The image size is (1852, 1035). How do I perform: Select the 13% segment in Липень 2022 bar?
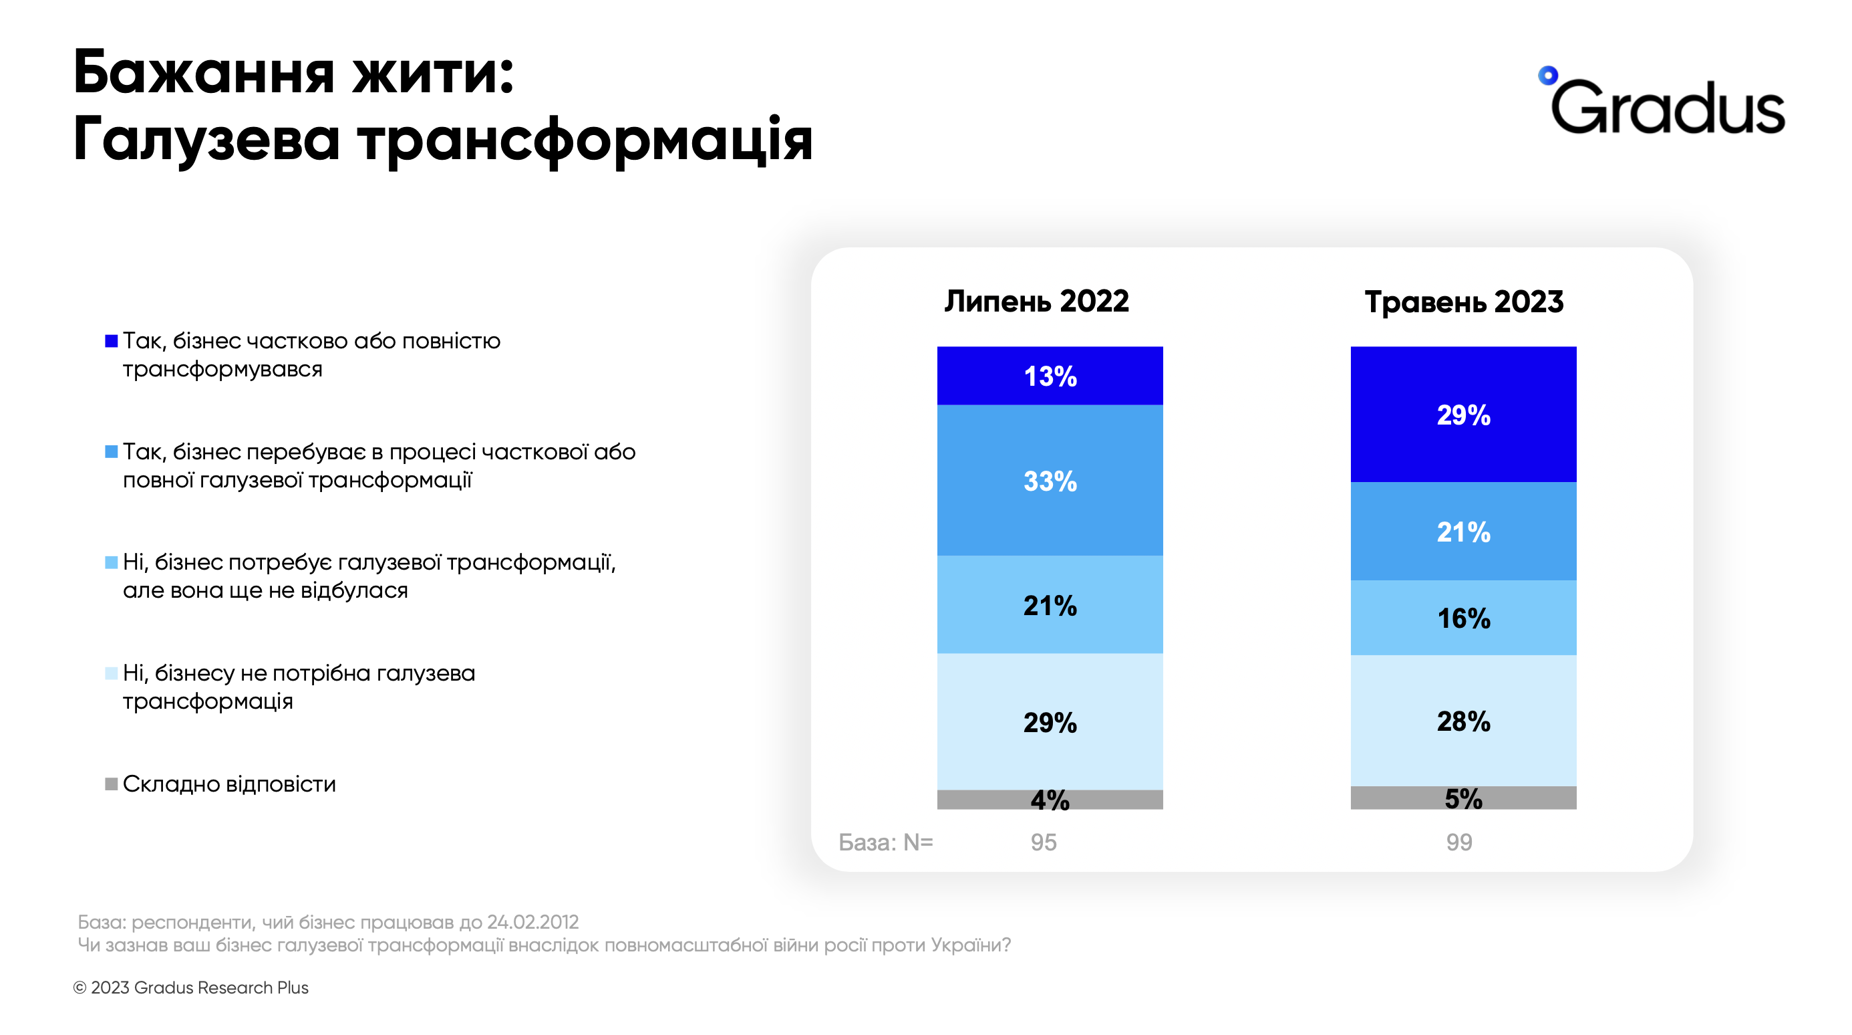pyautogui.click(x=1050, y=376)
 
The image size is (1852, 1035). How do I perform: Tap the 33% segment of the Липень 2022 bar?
pyautogui.click(x=1050, y=480)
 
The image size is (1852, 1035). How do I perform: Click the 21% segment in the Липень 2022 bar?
pyautogui.click(x=1050, y=604)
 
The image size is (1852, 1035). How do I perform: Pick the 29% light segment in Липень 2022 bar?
pyautogui.click(x=1050, y=721)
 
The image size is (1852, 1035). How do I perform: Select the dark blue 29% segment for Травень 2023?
pyautogui.click(x=1463, y=415)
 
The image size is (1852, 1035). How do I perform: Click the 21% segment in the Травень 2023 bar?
pyautogui.click(x=1463, y=531)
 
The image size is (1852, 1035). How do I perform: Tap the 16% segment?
pyautogui.click(x=1463, y=617)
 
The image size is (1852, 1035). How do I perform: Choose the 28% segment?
pyautogui.click(x=1463, y=720)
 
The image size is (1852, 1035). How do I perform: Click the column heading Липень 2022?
pyautogui.click(x=1036, y=301)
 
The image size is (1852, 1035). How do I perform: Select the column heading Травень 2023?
pyautogui.click(x=1464, y=302)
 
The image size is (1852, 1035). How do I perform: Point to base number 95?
pyautogui.click(x=1043, y=842)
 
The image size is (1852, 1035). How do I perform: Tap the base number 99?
pyautogui.click(x=1458, y=842)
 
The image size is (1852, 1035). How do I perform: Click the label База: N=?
pyautogui.click(x=885, y=842)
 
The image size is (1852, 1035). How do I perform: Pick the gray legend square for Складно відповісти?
pyautogui.click(x=112, y=783)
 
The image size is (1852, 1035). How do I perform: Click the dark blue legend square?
pyautogui.click(x=112, y=340)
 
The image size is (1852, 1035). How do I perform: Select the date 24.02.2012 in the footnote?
pyautogui.click(x=532, y=921)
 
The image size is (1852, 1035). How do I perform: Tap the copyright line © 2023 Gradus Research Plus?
pyautogui.click(x=190, y=988)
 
